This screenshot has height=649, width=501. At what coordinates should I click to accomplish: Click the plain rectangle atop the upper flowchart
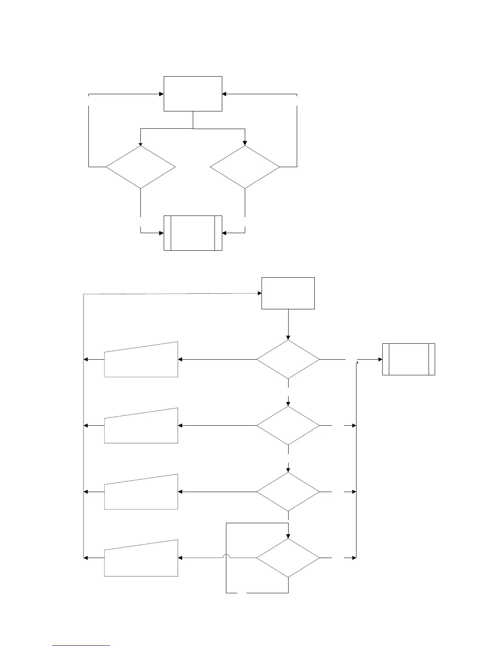[x=193, y=93]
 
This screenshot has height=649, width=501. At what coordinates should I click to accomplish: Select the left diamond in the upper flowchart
[x=140, y=167]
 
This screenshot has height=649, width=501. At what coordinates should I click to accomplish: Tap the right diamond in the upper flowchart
[x=245, y=167]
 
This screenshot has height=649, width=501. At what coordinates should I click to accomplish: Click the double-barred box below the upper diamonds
[x=193, y=233]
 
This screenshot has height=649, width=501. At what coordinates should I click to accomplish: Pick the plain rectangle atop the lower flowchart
[x=288, y=293]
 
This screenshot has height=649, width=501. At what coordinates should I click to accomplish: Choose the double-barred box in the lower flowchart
[x=408, y=359]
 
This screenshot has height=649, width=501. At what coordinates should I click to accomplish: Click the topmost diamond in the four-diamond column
[x=288, y=359]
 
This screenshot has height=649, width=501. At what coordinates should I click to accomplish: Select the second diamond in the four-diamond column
[x=288, y=426]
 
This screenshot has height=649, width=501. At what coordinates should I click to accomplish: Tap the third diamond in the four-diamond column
[x=288, y=492]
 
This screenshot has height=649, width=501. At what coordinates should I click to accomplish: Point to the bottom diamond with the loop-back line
[x=288, y=558]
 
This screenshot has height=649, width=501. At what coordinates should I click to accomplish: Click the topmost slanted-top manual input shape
[x=141, y=361]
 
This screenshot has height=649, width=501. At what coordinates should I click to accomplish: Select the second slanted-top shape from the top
[x=141, y=427]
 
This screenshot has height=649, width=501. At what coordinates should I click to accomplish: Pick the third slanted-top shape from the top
[x=141, y=493]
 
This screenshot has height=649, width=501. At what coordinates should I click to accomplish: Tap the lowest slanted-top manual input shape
[x=141, y=559]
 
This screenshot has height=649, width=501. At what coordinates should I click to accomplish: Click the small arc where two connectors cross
[x=226, y=557]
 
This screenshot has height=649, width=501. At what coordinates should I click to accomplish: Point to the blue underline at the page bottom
[x=81, y=646]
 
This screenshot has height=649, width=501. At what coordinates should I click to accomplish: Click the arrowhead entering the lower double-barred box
[x=380, y=359]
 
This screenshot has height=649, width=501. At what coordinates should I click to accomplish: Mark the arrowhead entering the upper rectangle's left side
[x=161, y=94]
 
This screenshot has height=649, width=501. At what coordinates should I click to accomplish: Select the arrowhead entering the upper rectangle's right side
[x=225, y=94]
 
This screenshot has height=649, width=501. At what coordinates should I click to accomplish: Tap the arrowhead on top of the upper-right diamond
[x=245, y=143]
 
